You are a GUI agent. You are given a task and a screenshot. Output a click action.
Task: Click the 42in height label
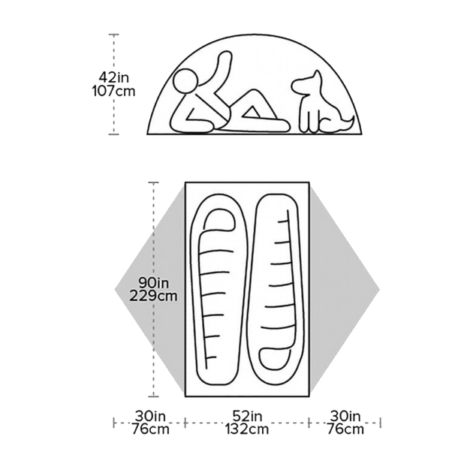tap(113, 78)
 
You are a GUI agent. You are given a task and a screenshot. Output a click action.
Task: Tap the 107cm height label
tap(113, 91)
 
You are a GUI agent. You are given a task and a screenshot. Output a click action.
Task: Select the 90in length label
tap(154, 282)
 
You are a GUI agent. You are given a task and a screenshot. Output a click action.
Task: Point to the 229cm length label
tap(153, 296)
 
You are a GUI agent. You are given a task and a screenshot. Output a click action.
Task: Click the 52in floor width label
tap(247, 416)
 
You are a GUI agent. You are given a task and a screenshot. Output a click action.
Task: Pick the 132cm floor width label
tap(247, 429)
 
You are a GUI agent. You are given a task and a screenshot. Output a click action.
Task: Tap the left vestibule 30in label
tap(150, 416)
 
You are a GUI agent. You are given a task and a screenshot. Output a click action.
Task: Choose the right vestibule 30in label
tap(345, 416)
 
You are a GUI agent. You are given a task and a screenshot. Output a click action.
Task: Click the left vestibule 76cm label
tap(150, 429)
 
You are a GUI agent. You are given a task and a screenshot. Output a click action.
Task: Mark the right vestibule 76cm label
tap(345, 429)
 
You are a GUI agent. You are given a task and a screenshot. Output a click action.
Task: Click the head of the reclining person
tap(186, 81)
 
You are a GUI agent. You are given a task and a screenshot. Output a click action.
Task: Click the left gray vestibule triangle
tap(149, 290)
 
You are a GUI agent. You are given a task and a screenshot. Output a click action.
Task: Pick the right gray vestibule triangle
tap(345, 290)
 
